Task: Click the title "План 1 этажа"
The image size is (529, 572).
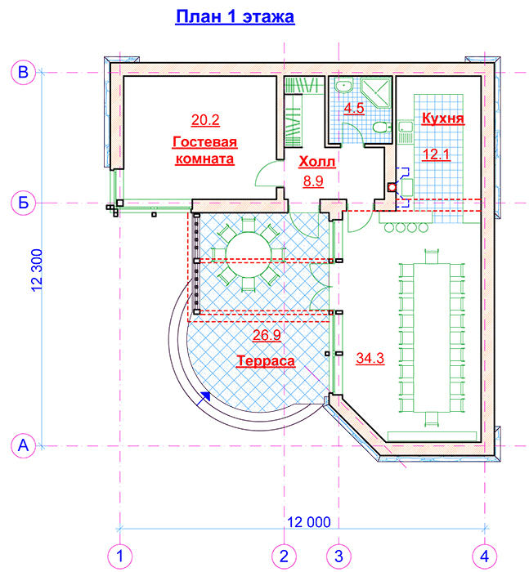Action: point(235,17)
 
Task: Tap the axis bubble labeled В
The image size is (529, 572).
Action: point(24,72)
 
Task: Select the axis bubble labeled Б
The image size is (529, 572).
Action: point(24,203)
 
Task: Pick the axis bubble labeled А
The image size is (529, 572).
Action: point(24,445)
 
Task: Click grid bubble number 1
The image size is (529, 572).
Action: point(119,556)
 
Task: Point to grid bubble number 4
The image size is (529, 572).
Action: point(485,556)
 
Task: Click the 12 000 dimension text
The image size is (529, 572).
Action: point(309,522)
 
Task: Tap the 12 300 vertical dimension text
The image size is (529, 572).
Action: point(37,270)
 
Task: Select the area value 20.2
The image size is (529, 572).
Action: point(205,120)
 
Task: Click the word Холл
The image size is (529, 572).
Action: point(317,162)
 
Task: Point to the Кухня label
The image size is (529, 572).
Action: point(443,118)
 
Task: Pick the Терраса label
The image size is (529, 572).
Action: point(266,361)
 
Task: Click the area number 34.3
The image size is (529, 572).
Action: point(370,358)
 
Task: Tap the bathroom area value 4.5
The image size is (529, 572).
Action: point(354,108)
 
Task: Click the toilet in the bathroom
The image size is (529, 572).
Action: point(382,127)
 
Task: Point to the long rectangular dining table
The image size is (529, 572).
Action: point(432,337)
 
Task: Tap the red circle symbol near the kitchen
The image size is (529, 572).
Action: point(392,187)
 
